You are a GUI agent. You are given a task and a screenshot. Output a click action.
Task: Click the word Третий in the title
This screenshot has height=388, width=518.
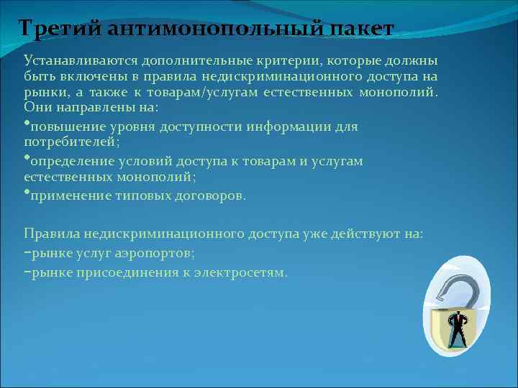(61, 29)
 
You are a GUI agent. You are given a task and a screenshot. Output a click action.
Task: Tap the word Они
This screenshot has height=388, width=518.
(36, 106)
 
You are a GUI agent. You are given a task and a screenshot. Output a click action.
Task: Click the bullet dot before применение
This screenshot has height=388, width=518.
(26, 192)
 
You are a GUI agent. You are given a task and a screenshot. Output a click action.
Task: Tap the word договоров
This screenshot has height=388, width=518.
(209, 196)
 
